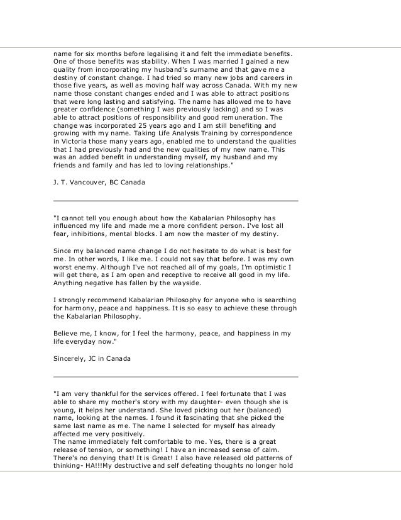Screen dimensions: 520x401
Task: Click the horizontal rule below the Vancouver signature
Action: pyautogui.click(x=175, y=200)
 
